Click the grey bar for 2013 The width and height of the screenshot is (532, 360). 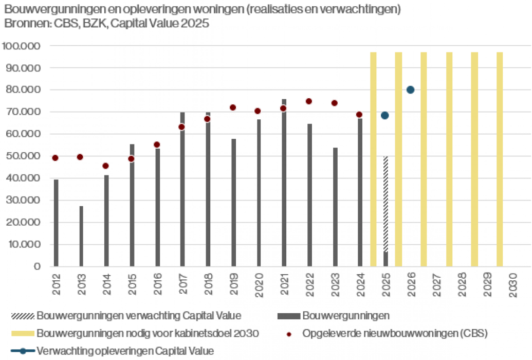(x=81, y=236)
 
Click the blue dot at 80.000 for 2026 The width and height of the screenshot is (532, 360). (x=410, y=90)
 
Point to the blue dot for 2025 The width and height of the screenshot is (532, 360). (x=385, y=115)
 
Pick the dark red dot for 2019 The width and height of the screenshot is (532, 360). (x=233, y=107)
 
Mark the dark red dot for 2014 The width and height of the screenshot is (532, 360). (x=106, y=166)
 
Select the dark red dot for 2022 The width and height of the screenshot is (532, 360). (x=309, y=101)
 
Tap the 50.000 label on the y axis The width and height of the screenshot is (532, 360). (x=23, y=156)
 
